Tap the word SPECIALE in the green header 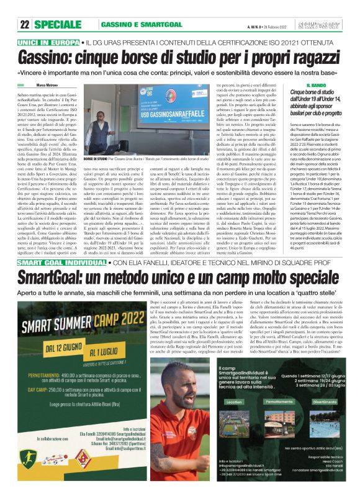click(61, 24)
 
